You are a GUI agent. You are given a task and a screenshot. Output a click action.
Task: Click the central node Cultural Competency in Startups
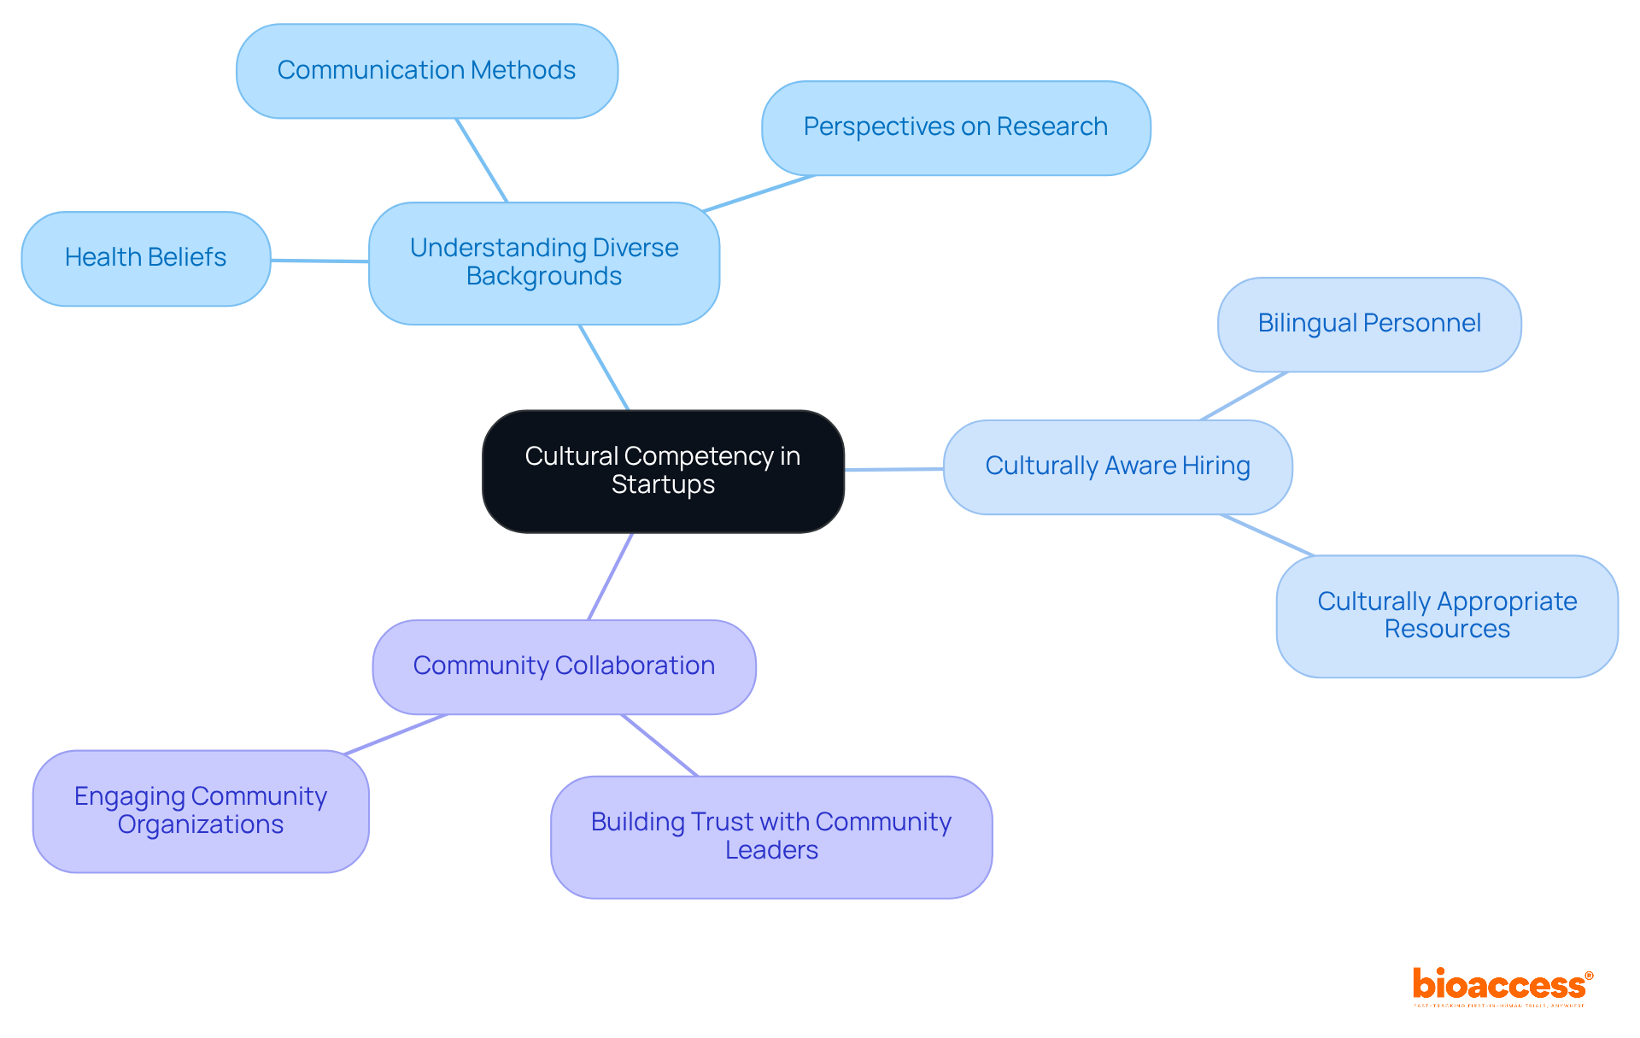(x=663, y=471)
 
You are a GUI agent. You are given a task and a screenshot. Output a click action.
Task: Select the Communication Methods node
(x=426, y=71)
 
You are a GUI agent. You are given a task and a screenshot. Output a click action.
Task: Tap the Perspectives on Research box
(x=955, y=128)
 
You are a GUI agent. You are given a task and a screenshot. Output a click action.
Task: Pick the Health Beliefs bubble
(x=145, y=258)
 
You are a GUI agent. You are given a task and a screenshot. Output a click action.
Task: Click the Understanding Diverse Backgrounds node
(x=543, y=262)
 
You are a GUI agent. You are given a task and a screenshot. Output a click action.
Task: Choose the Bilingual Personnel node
(x=1368, y=324)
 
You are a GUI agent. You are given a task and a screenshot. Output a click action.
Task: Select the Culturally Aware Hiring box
(x=1116, y=466)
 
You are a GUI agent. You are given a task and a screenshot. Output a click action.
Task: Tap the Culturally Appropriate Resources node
(x=1446, y=616)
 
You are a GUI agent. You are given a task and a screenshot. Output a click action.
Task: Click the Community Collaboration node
(x=564, y=666)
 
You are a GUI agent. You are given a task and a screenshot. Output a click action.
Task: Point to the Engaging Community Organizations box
(x=201, y=811)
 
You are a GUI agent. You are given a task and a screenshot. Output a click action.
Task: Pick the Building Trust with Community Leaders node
(x=770, y=836)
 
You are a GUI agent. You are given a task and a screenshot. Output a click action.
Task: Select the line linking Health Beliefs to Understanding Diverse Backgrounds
(x=319, y=261)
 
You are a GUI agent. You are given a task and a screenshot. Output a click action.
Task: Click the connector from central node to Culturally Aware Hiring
(x=893, y=469)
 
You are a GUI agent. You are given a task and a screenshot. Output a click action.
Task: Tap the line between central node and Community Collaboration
(x=610, y=577)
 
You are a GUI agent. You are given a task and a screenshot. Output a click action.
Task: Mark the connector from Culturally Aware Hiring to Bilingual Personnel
(x=1244, y=396)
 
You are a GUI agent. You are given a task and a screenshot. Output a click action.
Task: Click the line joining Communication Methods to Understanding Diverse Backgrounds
(x=482, y=160)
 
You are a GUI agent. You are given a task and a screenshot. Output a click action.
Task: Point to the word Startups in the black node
(x=663, y=485)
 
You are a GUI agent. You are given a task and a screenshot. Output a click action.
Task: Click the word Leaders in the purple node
(x=770, y=851)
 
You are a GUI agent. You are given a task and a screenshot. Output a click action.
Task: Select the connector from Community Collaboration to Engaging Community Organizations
(x=395, y=734)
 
